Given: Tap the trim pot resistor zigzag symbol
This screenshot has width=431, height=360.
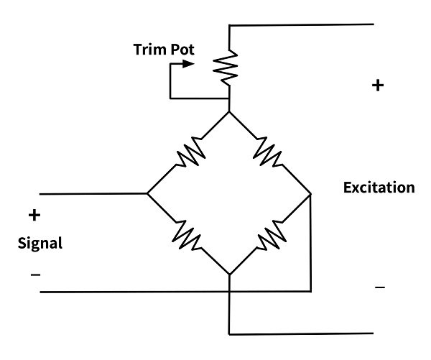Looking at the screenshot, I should pyautogui.click(x=228, y=67).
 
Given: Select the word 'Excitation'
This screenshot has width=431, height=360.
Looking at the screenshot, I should pyautogui.click(x=379, y=188).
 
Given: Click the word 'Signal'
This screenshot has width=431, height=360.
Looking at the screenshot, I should pyautogui.click(x=40, y=243).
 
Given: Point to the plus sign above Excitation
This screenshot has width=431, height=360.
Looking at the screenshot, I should pyautogui.click(x=378, y=86).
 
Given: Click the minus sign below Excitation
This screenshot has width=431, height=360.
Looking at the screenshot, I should pyautogui.click(x=380, y=287).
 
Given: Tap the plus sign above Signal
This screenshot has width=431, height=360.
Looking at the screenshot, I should pyautogui.click(x=34, y=215).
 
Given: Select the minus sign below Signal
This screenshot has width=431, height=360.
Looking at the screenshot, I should pyautogui.click(x=35, y=274).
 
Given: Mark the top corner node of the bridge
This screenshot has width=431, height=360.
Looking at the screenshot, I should pyautogui.click(x=229, y=111).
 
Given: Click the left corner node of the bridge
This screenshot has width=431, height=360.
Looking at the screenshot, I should pyautogui.click(x=147, y=194).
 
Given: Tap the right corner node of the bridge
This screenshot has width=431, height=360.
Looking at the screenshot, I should pyautogui.click(x=310, y=194).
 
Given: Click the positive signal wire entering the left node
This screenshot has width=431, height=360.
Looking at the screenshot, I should pyautogui.click(x=93, y=194).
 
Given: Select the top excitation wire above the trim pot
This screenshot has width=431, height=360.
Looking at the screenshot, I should pyautogui.click(x=302, y=24).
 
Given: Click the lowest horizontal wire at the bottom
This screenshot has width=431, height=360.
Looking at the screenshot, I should pyautogui.click(x=302, y=334).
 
